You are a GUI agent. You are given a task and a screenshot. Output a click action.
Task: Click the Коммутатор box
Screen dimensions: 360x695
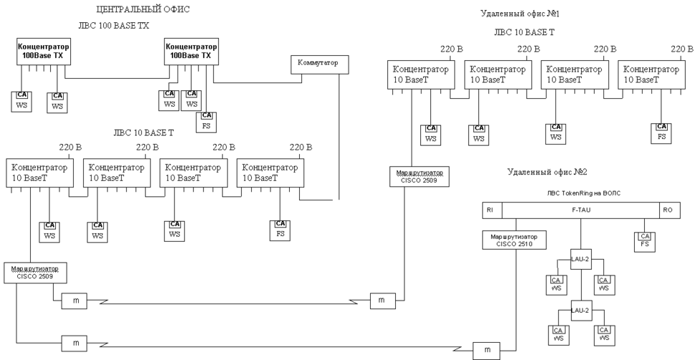point(315,64)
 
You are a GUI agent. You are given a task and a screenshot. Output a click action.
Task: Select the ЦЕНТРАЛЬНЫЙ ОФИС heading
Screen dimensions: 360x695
point(143,9)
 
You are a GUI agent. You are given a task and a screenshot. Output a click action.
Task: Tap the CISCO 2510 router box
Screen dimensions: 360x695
point(515,239)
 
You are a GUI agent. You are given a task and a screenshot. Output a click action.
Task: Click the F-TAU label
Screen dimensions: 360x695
point(580,210)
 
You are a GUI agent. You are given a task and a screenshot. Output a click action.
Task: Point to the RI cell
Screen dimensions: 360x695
point(490,210)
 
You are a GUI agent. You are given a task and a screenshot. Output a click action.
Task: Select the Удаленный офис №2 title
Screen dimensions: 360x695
point(547,172)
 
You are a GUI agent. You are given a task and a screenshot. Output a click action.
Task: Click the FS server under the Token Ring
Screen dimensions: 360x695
point(644,240)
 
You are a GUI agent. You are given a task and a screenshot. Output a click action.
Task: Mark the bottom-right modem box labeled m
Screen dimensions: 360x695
point(487,350)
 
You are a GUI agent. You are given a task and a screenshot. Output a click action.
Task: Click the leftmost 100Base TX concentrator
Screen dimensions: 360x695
point(41,51)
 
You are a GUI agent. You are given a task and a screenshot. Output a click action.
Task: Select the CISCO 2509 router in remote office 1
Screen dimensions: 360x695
point(419,176)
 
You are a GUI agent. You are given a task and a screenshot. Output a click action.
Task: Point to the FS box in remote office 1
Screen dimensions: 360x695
point(661,132)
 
